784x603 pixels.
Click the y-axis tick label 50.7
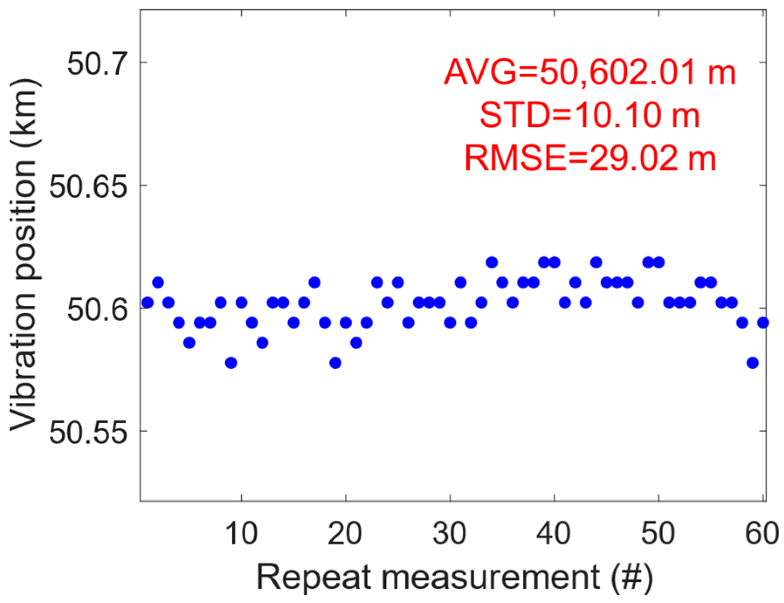(x=96, y=64)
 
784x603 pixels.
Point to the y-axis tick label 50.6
(x=96, y=310)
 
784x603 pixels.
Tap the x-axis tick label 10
(x=241, y=533)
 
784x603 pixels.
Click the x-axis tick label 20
(x=345, y=533)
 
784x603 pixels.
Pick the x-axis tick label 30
(x=450, y=533)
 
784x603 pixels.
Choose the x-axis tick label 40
(x=554, y=533)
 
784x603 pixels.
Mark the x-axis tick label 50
(x=658, y=533)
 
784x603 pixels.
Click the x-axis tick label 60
(x=762, y=533)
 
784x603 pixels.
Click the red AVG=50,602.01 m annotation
(x=589, y=72)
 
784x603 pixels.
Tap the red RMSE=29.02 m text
(x=589, y=158)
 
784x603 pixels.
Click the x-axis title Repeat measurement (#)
(x=454, y=577)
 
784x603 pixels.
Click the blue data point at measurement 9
(x=231, y=363)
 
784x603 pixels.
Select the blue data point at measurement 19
(x=335, y=363)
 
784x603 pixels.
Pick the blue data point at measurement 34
(x=492, y=262)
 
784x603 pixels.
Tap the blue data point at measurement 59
(x=752, y=363)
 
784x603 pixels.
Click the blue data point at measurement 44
(x=596, y=262)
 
